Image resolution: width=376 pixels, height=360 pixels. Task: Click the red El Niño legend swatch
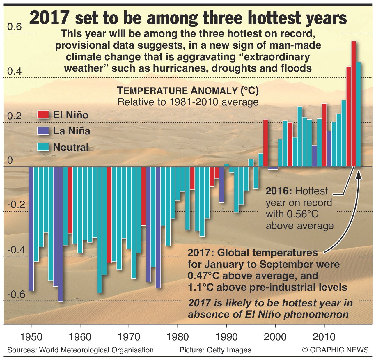43,115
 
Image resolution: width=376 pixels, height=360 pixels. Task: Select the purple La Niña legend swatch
43,131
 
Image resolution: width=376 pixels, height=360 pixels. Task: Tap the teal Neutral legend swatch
43,147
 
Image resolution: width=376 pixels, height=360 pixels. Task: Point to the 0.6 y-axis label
15,27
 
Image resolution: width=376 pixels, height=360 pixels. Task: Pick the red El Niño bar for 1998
265,143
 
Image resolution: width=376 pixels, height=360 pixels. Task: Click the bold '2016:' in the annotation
279,191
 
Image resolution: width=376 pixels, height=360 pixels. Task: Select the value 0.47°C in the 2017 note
204,276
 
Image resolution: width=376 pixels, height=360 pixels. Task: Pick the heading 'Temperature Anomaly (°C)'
188,91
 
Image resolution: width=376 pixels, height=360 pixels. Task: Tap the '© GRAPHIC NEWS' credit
336,350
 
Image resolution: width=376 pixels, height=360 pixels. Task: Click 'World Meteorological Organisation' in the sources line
96,350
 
